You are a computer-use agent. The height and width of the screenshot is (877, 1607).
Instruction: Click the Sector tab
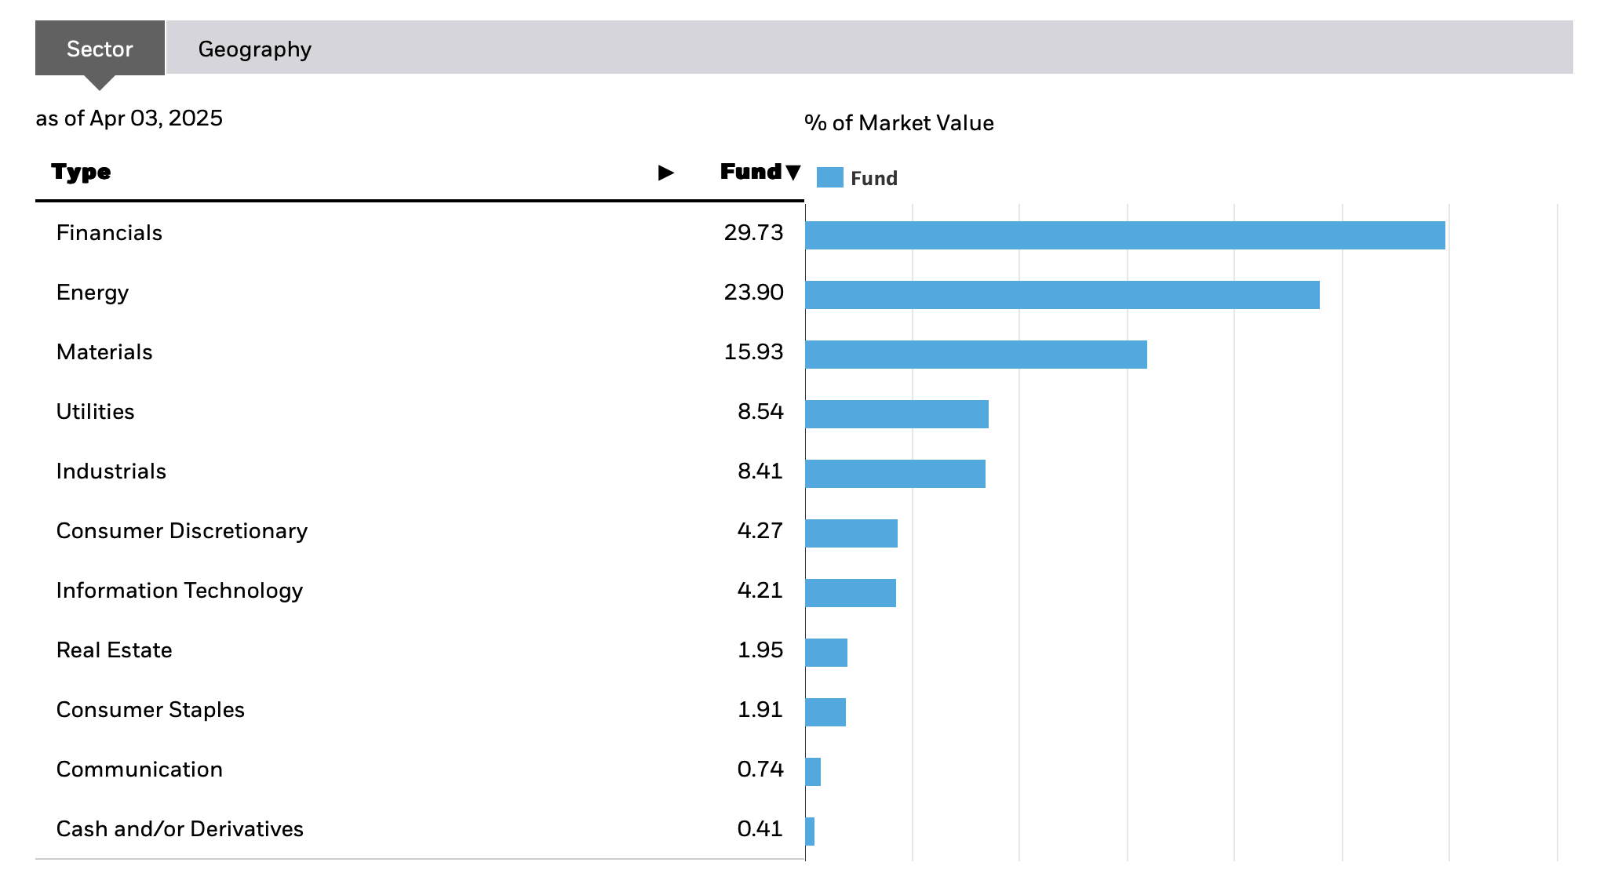click(x=100, y=49)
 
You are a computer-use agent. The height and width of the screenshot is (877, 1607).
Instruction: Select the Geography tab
click(x=254, y=49)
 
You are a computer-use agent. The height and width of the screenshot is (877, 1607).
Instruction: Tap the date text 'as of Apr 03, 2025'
click(x=129, y=118)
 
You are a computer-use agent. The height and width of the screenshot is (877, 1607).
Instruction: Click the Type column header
click(x=81, y=172)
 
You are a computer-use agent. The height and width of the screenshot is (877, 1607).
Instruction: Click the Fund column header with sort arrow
click(x=760, y=172)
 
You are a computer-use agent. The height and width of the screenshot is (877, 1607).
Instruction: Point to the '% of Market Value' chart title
click(x=899, y=123)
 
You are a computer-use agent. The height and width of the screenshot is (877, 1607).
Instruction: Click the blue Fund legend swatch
click(x=829, y=178)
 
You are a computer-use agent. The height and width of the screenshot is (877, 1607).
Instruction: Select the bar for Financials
click(x=1124, y=235)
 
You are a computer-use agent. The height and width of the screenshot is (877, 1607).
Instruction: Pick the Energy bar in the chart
click(x=1062, y=295)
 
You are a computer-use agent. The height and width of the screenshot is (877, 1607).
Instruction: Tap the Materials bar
click(x=975, y=355)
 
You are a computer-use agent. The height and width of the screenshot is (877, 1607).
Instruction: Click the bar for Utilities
click(x=896, y=414)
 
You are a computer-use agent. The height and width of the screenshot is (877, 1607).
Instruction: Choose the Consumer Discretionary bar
click(x=851, y=533)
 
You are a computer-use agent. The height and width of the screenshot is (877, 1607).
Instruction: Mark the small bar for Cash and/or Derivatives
click(x=810, y=832)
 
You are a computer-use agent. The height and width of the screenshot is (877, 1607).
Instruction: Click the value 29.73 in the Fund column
click(x=753, y=233)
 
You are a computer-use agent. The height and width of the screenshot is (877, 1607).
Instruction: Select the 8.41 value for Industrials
click(x=760, y=471)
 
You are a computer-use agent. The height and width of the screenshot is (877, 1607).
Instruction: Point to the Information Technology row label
click(x=179, y=591)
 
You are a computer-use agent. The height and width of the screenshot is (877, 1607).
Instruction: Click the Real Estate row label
click(x=114, y=650)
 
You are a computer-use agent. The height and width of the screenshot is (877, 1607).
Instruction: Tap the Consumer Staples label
click(x=150, y=710)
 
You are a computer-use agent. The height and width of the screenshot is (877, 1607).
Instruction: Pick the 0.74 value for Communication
click(x=760, y=770)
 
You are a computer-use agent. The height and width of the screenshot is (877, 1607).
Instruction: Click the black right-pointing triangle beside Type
click(x=665, y=173)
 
